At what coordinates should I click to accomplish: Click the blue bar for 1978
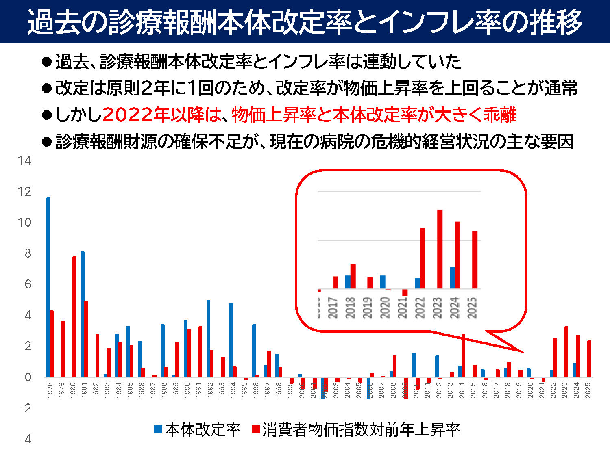point(48,288)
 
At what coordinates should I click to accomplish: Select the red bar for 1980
point(74,317)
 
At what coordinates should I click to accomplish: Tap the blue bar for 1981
point(83,314)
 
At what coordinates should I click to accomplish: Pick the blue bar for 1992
point(208,339)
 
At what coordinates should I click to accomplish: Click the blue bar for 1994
point(231,340)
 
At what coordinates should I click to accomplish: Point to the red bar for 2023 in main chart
point(566,352)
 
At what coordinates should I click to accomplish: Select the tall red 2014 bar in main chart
point(463,356)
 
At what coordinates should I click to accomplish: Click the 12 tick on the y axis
point(24,192)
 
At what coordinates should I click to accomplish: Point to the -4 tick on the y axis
point(25,439)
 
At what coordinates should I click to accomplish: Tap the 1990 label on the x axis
point(187,390)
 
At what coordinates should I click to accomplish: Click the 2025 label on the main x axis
point(588,390)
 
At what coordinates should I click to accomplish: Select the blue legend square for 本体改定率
point(158,429)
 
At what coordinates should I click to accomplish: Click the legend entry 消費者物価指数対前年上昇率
point(360,429)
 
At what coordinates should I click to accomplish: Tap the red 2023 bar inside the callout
point(440,249)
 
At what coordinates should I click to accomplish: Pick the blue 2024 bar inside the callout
point(453,278)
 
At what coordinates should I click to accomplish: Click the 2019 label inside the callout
point(368,308)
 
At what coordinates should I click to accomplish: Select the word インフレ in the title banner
point(425,21)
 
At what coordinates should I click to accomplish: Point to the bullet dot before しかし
point(47,115)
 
